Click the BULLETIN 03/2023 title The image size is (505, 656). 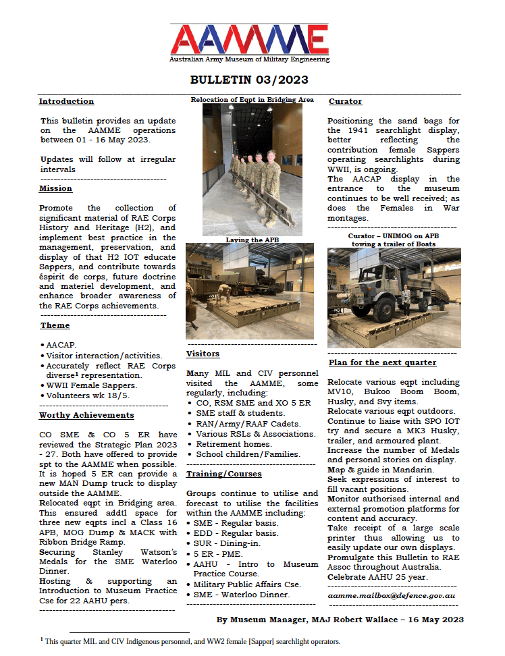point(249,80)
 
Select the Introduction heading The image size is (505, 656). point(66,101)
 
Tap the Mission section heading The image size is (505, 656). point(55,188)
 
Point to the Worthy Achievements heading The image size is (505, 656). point(86,415)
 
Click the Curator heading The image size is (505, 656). point(345,101)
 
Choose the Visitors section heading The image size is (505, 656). point(203,354)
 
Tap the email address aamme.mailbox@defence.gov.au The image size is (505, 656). point(391,596)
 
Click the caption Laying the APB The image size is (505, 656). point(249,240)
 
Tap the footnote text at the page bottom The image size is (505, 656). point(192,641)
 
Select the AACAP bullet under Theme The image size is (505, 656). point(61,344)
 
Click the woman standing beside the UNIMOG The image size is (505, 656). point(406,299)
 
